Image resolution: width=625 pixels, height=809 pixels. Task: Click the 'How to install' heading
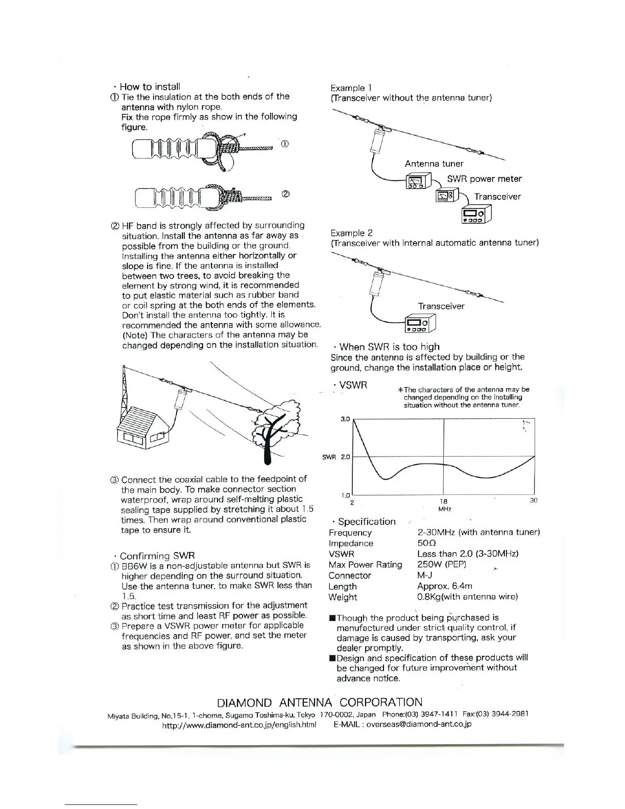tap(150, 87)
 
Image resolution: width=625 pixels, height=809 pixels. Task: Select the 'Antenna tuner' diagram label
tap(434, 164)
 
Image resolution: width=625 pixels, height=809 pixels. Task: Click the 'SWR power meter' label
tap(484, 179)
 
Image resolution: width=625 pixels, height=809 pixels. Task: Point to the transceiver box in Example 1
tap(476, 214)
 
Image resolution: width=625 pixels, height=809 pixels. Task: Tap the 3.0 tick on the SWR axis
tap(345, 419)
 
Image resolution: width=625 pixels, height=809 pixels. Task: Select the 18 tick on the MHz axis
tap(444, 502)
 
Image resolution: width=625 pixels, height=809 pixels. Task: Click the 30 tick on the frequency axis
tap(534, 501)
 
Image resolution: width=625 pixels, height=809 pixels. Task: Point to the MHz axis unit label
tap(444, 509)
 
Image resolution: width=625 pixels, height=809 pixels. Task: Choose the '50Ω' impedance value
tap(426, 543)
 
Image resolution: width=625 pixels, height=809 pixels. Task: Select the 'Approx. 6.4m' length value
tap(445, 586)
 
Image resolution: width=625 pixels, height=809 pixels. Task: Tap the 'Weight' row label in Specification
tap(343, 597)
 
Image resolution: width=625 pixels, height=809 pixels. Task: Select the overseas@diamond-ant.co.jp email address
tap(419, 724)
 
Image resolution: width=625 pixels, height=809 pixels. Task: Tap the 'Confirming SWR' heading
tap(157, 556)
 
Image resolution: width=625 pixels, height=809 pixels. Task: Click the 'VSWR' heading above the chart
tap(353, 385)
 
